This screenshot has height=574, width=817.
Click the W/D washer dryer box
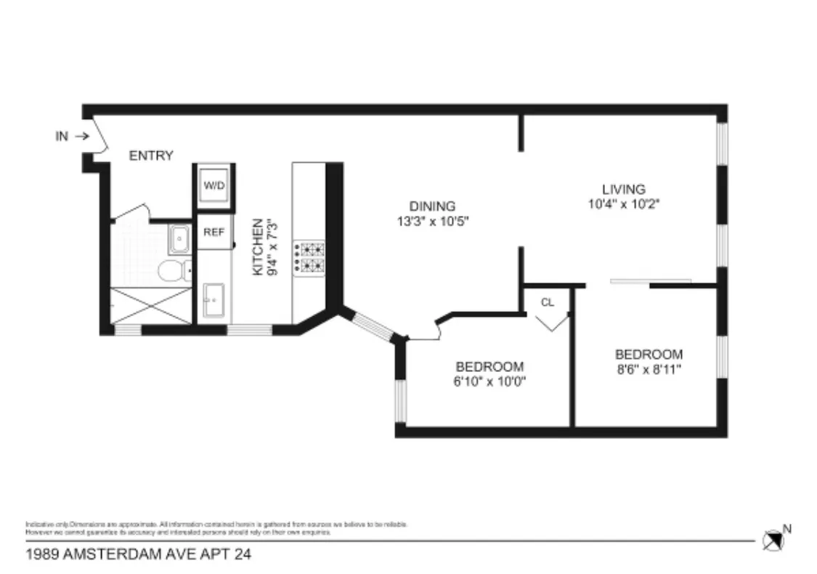[214, 186]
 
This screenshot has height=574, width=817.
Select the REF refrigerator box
[214, 233]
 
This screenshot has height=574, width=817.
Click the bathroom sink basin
[179, 236]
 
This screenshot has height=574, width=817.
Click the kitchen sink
[214, 299]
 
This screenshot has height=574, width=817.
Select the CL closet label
[548, 302]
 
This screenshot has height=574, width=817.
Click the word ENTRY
[151, 155]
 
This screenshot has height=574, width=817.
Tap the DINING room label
[432, 206]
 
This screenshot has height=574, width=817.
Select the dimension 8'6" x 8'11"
[649, 369]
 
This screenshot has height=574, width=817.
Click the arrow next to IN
[81, 136]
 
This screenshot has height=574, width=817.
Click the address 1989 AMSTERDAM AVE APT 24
[138, 554]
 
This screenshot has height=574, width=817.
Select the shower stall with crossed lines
[150, 306]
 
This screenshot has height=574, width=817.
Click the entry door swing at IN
[99, 137]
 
